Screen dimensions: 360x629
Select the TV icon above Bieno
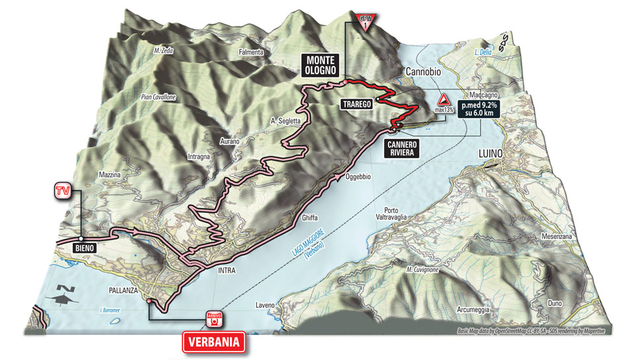(62, 191)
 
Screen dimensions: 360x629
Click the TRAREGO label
(356, 104)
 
